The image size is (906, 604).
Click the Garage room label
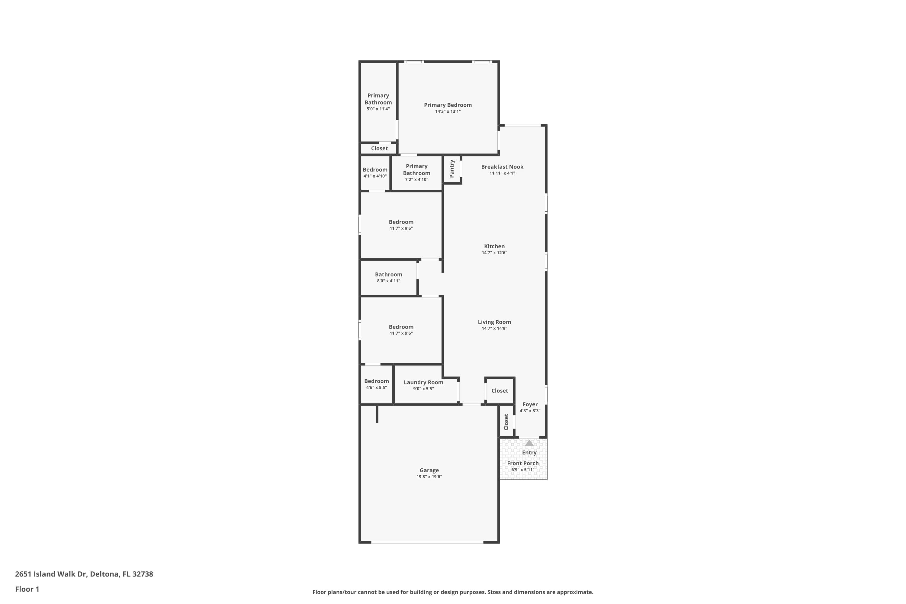pyautogui.click(x=429, y=470)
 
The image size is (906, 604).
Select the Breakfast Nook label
pyautogui.click(x=502, y=167)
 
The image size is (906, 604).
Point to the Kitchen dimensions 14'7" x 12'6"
pyautogui.click(x=494, y=253)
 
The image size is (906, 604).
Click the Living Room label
pyautogui.click(x=494, y=322)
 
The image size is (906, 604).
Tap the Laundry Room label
pyautogui.click(x=423, y=382)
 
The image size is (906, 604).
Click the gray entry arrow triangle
pyautogui.click(x=529, y=443)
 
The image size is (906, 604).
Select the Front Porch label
pyautogui.click(x=523, y=463)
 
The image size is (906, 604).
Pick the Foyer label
pyautogui.click(x=530, y=404)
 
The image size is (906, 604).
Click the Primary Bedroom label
pyautogui.click(x=448, y=105)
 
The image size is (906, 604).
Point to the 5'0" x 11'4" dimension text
pyautogui.click(x=378, y=109)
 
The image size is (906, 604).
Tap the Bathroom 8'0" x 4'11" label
pyautogui.click(x=388, y=275)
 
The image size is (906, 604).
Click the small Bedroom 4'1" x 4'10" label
pyautogui.click(x=375, y=170)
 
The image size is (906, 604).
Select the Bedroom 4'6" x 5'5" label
pyautogui.click(x=376, y=381)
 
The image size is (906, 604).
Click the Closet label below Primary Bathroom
pyautogui.click(x=379, y=148)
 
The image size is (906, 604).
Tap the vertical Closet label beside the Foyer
pyautogui.click(x=506, y=422)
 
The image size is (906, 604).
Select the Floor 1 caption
pyautogui.click(x=27, y=589)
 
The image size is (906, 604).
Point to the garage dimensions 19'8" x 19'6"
pyautogui.click(x=429, y=477)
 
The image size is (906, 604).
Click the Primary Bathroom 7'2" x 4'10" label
pyautogui.click(x=416, y=170)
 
